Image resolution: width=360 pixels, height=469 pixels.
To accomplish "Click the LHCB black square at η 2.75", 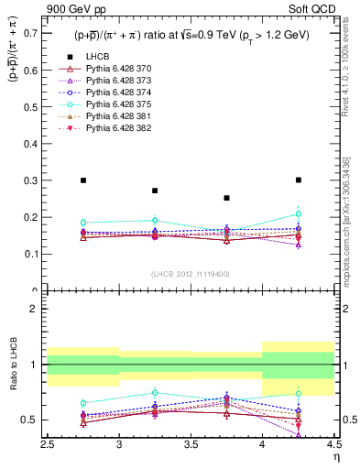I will (83, 180).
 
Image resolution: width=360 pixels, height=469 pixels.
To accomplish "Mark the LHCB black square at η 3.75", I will (227, 198).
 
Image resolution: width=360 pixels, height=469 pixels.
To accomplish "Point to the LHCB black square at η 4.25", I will (299, 180).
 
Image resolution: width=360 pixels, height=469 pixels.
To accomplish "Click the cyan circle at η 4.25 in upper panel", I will (299, 213).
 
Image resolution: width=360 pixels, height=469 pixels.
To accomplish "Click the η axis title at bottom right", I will (336, 456).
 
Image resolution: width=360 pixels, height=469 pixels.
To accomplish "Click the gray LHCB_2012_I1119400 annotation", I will (191, 274).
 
